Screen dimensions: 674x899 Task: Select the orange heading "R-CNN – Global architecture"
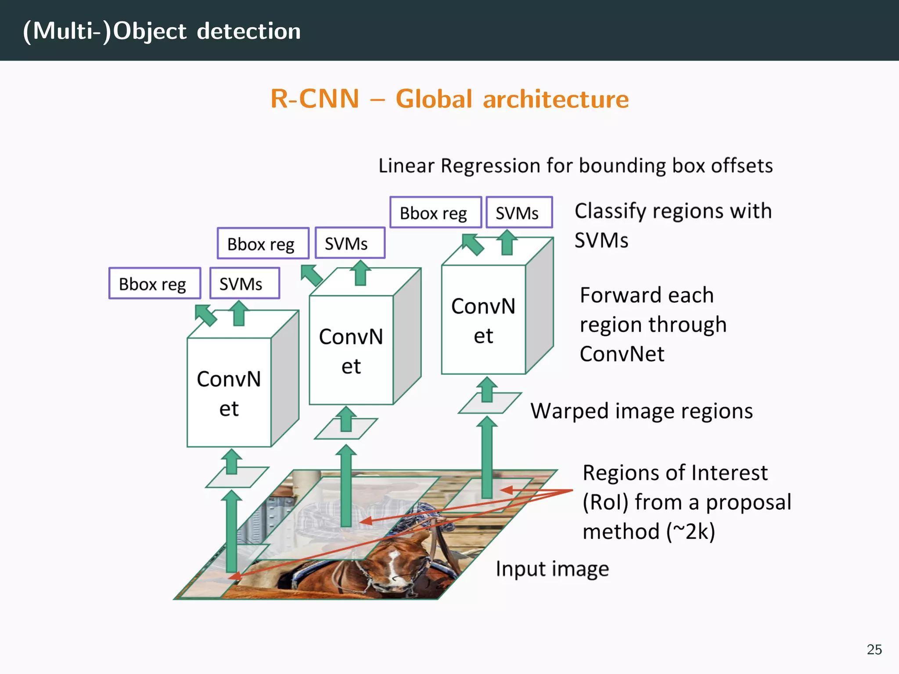tap(449, 99)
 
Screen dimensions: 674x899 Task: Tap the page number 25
tap(874, 649)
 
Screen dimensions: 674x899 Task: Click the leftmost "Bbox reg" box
tap(155, 284)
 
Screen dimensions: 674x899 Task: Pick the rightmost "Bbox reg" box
tap(435, 213)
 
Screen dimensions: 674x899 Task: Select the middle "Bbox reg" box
tap(263, 244)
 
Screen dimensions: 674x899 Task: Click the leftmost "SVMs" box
tap(245, 284)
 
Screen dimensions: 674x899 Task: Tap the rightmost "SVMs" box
tap(519, 213)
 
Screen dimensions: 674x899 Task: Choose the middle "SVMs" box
tap(350, 244)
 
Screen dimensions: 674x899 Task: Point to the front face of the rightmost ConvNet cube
tap(483, 320)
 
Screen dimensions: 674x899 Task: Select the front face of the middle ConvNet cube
tap(351, 350)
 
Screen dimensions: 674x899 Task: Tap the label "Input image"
tap(552, 569)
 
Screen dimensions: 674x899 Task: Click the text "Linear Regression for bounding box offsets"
tap(575, 166)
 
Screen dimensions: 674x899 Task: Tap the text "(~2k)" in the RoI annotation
tap(690, 532)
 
